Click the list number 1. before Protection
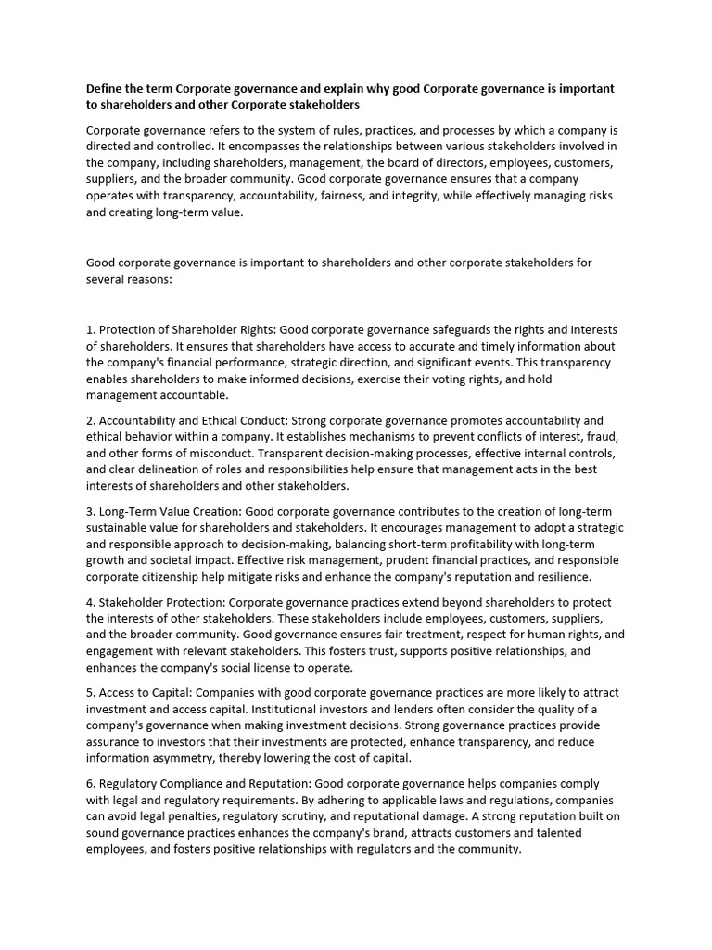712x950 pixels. [91, 330]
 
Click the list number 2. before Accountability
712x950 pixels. [91, 420]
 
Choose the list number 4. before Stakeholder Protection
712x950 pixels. [91, 602]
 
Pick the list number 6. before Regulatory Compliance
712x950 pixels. [91, 784]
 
